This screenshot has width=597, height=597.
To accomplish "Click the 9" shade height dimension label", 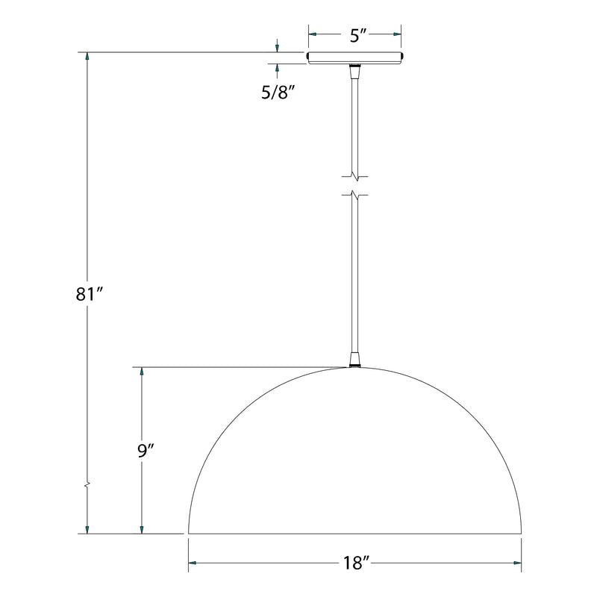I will pos(146,450).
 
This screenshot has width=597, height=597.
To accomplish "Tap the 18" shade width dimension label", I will pos(354,563).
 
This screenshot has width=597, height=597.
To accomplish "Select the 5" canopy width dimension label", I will pos(355,35).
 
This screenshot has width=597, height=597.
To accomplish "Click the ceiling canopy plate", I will pos(355,57).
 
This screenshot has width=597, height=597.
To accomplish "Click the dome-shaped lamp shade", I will pos(354,463).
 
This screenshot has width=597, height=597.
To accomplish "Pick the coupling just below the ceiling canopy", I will pos(354,71).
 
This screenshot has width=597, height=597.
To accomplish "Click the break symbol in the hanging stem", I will pos(355,186).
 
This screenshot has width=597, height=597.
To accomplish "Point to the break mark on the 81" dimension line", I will pos(88,484).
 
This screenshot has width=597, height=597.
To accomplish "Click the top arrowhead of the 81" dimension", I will pos(88,57).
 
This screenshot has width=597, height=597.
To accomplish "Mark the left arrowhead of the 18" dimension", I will pos(193,563).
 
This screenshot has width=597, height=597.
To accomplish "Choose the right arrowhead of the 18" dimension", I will pos(516,563).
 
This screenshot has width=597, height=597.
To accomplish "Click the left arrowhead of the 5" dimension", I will pos(313,34).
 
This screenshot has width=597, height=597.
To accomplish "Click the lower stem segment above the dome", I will pos(354,276).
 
